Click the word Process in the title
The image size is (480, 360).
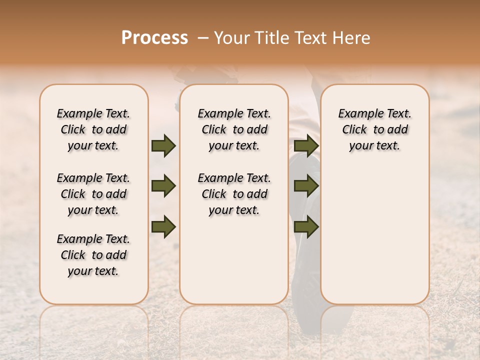click(x=154, y=38)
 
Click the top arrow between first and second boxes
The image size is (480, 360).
click(x=163, y=146)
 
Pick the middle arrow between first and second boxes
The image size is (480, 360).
click(x=163, y=186)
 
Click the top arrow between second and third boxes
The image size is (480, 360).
click(x=306, y=146)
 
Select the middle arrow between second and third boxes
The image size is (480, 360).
click(x=306, y=186)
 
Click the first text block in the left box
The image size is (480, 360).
click(x=93, y=129)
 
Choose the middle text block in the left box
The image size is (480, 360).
click(x=93, y=194)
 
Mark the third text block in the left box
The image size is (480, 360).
click(x=93, y=255)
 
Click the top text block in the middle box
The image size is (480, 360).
click(x=234, y=129)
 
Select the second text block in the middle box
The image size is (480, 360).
click(x=234, y=194)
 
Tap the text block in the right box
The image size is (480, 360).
click(x=374, y=129)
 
